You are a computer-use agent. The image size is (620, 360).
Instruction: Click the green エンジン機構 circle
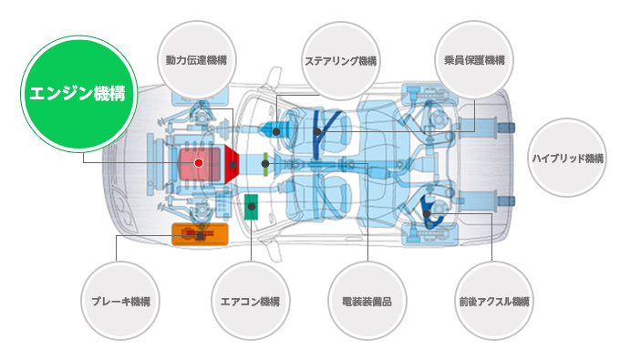pyautogui.click(x=78, y=94)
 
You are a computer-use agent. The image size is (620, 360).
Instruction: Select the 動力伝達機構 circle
pyautogui.click(x=197, y=60)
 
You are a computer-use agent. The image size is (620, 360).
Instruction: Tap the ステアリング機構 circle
pyautogui.click(x=340, y=61)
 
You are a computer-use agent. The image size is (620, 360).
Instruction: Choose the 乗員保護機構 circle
pyautogui.click(x=474, y=60)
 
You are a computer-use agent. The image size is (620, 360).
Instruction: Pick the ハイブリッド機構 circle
pyautogui.click(x=567, y=158)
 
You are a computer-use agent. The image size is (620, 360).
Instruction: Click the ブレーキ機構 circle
pyautogui.click(x=120, y=301)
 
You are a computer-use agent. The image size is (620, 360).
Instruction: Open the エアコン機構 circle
pyautogui.click(x=251, y=301)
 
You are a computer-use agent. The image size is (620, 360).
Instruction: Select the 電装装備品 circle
pyautogui.click(x=367, y=301)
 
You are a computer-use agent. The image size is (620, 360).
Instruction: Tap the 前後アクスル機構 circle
pyautogui.click(x=494, y=301)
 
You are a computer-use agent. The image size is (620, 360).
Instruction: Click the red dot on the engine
pyautogui.click(x=199, y=163)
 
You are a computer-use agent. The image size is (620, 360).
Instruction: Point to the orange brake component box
pyautogui.click(x=200, y=234)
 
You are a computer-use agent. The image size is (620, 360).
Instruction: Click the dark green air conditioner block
pyautogui.click(x=251, y=207)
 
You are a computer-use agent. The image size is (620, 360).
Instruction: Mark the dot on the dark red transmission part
pyautogui.click(x=232, y=164)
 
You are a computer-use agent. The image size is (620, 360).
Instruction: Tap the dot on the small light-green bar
pyautogui.click(x=265, y=164)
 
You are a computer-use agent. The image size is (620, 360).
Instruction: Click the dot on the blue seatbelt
pyautogui.click(x=317, y=132)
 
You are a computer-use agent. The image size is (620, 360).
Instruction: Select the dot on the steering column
pyautogui.click(x=276, y=131)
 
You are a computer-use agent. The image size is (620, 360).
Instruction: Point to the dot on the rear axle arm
pyautogui.click(x=427, y=214)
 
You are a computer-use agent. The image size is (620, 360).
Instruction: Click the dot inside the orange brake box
pyautogui.click(x=201, y=236)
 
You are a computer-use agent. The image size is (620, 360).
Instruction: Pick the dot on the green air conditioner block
pyautogui.click(x=252, y=206)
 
